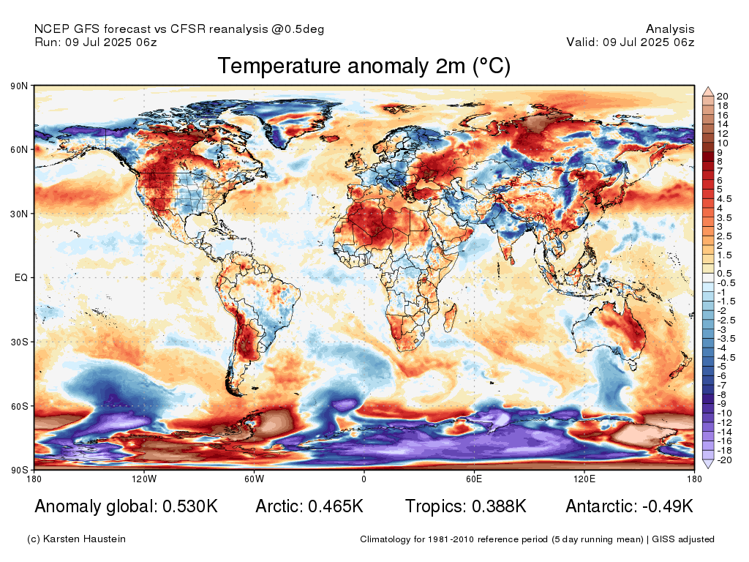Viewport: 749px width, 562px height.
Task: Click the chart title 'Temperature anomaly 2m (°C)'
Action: [x=364, y=66]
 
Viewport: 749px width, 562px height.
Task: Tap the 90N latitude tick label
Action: [x=19, y=86]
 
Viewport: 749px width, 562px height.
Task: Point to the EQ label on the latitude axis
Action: [x=21, y=277]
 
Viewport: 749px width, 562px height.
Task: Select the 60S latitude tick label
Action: [x=19, y=406]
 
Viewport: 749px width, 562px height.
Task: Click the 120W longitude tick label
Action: [x=144, y=479]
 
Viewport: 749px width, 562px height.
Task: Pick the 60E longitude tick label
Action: [x=474, y=479]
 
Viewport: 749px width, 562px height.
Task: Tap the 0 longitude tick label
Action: [x=364, y=479]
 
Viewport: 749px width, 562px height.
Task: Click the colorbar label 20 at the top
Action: [x=722, y=97]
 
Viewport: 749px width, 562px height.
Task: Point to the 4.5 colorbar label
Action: [x=724, y=199]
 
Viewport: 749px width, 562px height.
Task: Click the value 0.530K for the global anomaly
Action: [x=190, y=506]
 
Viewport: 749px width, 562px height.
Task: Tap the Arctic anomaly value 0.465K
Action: [x=336, y=506]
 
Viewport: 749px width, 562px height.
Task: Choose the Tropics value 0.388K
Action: [x=499, y=506]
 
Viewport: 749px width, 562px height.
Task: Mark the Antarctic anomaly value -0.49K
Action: [x=668, y=506]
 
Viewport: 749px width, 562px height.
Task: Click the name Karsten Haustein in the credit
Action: [x=84, y=539]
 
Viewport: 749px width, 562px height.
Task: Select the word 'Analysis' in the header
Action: [x=670, y=29]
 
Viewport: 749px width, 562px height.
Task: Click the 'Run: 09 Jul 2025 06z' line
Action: [x=96, y=42]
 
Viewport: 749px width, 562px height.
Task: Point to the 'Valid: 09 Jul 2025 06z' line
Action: [x=631, y=42]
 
